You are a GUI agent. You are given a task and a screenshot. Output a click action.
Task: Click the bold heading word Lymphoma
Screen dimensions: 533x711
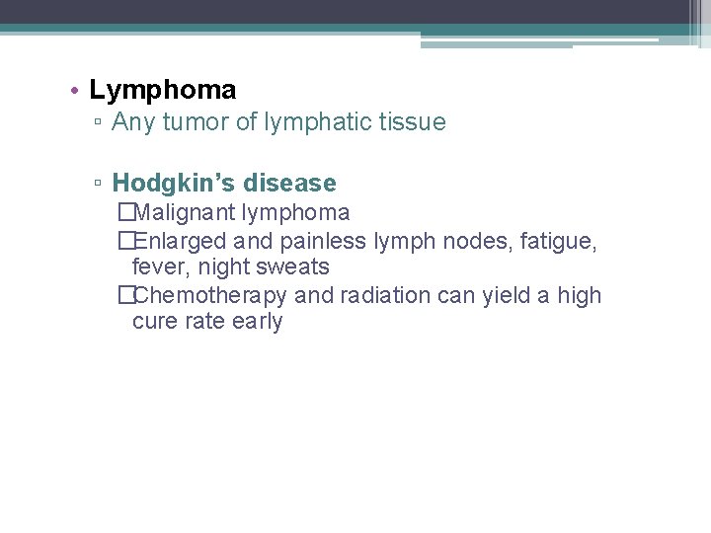(x=163, y=91)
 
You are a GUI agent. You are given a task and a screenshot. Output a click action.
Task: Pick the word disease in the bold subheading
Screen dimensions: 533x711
(x=290, y=184)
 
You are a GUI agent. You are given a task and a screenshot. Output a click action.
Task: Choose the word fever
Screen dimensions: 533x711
(x=158, y=267)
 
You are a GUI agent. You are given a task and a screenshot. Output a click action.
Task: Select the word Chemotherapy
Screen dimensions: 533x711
(x=211, y=296)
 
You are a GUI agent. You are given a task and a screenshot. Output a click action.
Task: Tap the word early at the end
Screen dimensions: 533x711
(x=258, y=323)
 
